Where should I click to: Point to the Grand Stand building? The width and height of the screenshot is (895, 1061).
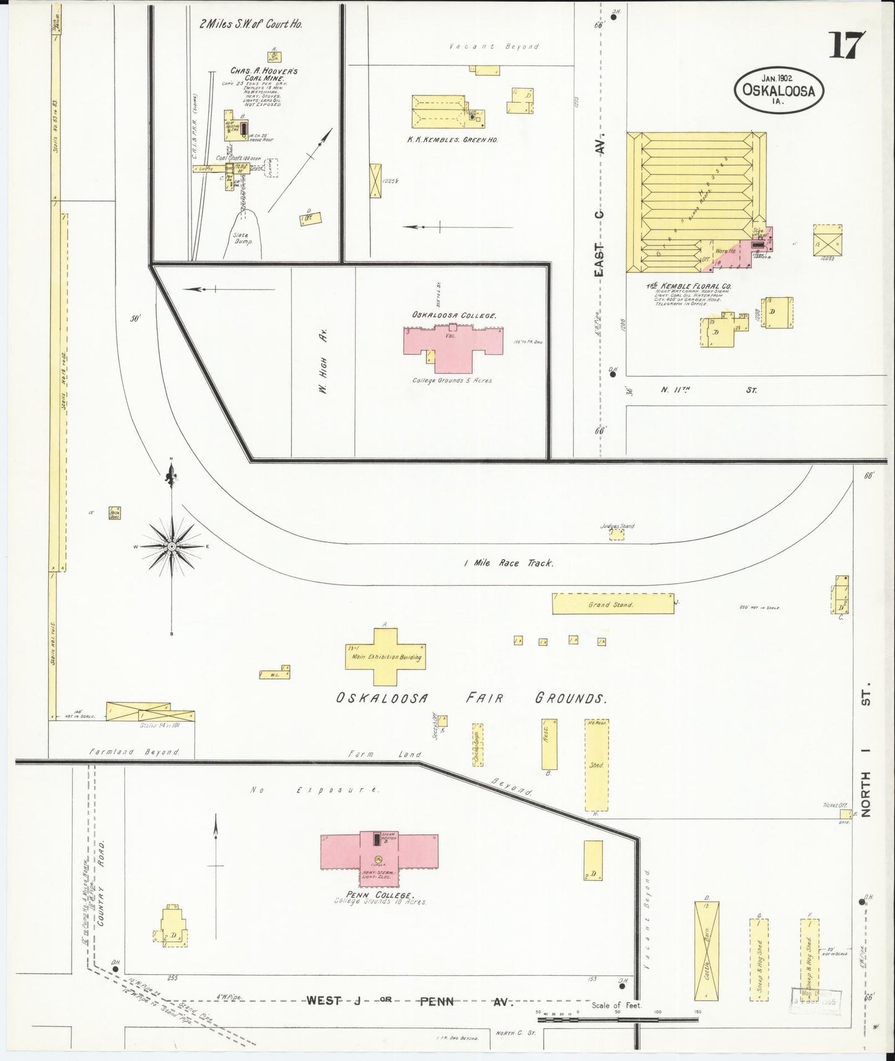pos(613,604)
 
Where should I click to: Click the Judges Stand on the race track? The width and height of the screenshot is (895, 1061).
pos(616,534)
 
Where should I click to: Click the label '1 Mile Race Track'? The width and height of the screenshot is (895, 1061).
pos(509,563)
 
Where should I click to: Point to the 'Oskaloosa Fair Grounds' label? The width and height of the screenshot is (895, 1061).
pos(471,698)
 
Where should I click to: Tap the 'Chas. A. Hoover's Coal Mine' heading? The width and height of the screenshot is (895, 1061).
pos(256,75)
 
